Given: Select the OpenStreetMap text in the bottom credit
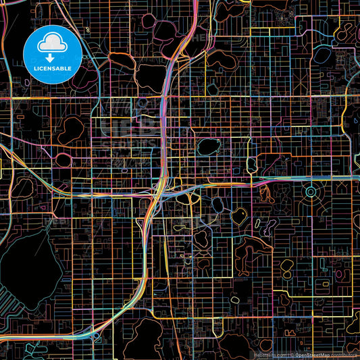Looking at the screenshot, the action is (310, 354).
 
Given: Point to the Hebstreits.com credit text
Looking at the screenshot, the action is (269, 354).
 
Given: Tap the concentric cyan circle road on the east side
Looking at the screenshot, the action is (311, 193).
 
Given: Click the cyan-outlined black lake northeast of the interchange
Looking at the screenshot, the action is (207, 147).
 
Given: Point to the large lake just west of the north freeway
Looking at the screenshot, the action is (149, 78).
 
